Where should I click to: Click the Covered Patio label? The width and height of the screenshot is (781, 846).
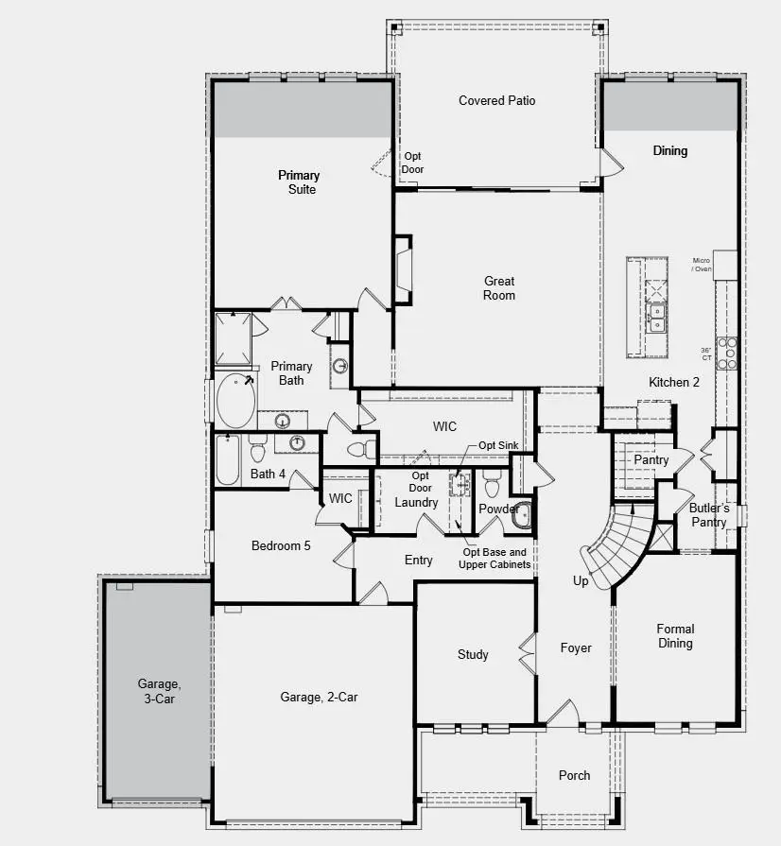point(496,100)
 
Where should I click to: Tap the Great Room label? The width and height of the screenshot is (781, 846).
point(499,288)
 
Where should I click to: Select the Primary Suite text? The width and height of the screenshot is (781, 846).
point(299,182)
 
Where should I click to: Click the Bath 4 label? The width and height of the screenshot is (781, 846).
point(269,474)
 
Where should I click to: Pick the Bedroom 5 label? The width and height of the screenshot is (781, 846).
point(281,545)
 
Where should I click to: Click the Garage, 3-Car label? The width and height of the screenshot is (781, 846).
point(156,691)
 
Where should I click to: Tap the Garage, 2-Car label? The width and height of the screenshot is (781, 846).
point(319,698)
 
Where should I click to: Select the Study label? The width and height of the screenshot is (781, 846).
point(473,654)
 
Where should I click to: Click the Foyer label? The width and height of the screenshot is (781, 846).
point(576,648)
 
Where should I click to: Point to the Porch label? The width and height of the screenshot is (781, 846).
point(574,775)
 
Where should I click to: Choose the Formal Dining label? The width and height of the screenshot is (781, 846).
point(675,636)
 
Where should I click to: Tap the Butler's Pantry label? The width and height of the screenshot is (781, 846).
point(708,515)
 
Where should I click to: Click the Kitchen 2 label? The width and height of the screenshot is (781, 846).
point(674,382)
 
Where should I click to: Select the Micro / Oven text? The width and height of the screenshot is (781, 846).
point(701,265)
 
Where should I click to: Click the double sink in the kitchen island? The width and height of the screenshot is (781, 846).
point(656,317)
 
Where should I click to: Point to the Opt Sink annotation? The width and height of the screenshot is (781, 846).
point(497,445)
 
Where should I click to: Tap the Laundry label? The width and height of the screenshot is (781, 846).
point(416,502)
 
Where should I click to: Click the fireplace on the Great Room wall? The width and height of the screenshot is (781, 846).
point(403,270)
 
